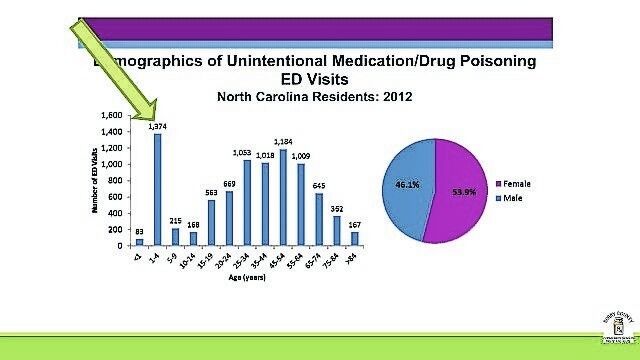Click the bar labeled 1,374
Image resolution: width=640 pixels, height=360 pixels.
[x=157, y=189]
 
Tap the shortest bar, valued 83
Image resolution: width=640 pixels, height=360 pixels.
[x=140, y=241]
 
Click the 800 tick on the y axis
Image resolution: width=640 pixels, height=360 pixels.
[x=118, y=181]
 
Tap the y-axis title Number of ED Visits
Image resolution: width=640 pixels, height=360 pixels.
[x=94, y=181]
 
